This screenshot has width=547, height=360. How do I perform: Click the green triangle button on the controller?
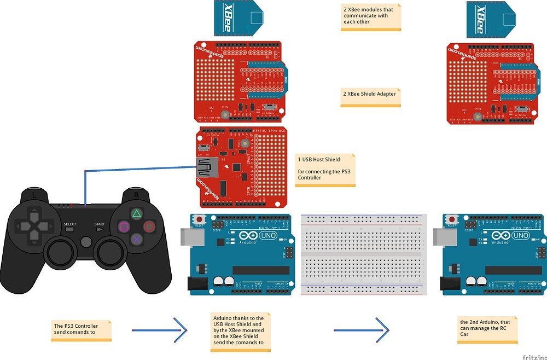(x=137, y=213)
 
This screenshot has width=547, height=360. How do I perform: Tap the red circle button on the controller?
(x=149, y=226)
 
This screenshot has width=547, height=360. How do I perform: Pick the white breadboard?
(x=363, y=254)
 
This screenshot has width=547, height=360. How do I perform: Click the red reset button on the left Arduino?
(x=199, y=220)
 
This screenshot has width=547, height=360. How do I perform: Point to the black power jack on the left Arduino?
(x=194, y=284)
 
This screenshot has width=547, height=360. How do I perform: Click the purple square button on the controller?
(x=124, y=226)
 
